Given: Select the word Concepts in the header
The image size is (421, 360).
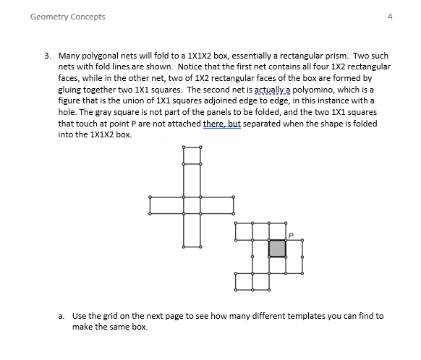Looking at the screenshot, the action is pyautogui.click(x=88, y=17).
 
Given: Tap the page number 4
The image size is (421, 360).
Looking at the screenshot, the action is pyautogui.click(x=390, y=17).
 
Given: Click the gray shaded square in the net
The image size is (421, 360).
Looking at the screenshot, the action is pyautogui.click(x=278, y=248).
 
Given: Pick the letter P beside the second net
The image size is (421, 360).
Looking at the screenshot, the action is pyautogui.click(x=291, y=234).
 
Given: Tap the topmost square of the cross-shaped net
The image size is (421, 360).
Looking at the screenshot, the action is pyautogui.click(x=192, y=154).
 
